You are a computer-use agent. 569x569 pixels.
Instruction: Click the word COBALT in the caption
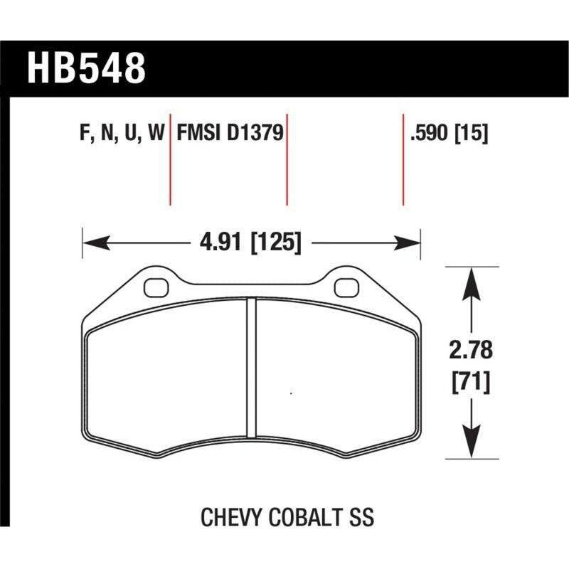[304, 516]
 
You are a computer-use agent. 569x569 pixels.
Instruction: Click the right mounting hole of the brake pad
[346, 287]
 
